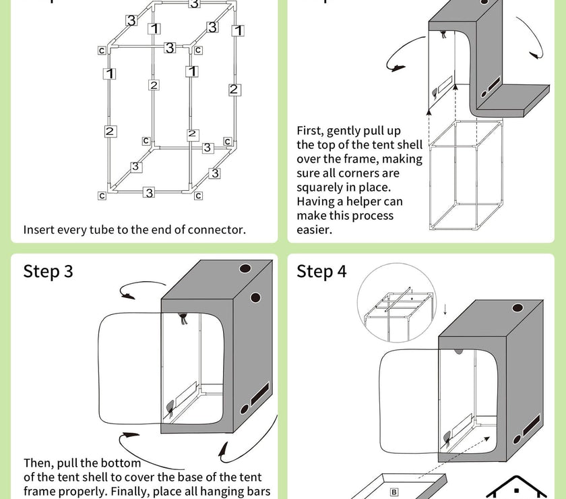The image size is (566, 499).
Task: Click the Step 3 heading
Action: coord(48,271)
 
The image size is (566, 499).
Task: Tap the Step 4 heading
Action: coord(321,271)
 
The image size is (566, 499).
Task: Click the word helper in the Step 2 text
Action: coord(365,202)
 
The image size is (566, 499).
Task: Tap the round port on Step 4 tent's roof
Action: coord(517,309)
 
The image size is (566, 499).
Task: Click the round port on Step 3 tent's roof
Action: coord(244,268)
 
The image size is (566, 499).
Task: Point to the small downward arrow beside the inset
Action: coord(445,309)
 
